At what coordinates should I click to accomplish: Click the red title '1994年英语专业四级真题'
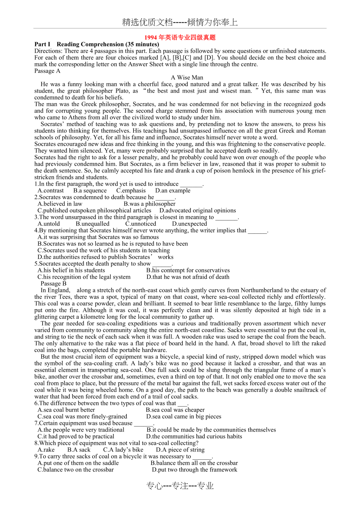point(180,38)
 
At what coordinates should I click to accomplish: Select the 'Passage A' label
point(47,71)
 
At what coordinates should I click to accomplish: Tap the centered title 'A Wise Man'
point(187,77)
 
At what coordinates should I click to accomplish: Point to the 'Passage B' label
point(54,283)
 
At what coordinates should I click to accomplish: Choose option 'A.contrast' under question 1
point(50,190)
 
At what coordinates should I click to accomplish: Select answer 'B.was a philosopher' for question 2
point(149,204)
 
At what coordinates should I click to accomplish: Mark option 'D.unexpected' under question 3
point(189,224)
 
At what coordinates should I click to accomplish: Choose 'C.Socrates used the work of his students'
point(104,250)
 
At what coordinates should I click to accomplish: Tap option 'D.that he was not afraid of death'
point(188,277)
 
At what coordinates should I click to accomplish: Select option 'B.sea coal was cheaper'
point(175,410)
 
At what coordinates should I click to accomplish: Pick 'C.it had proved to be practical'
point(76,436)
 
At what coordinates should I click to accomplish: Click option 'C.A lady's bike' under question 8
point(123,450)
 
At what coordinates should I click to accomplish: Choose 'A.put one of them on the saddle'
point(78,463)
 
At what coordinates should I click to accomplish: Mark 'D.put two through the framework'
point(194,470)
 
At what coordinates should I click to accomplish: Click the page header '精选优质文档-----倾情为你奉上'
point(180,22)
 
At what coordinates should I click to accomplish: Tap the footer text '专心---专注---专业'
point(180,486)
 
